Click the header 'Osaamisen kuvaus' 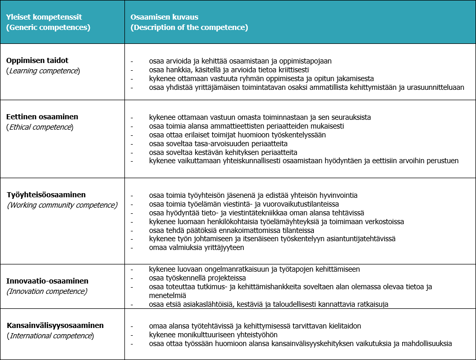click(165, 17)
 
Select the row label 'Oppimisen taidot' click(37, 60)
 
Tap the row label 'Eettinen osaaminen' click(42, 117)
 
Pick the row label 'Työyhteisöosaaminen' click(46, 195)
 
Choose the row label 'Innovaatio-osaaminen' click(47, 281)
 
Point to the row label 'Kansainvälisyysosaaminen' click(55, 325)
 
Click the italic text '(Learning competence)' click(43, 71)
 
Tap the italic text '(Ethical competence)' click(40, 127)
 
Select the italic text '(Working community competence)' click(62, 205)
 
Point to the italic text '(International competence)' click(50, 336)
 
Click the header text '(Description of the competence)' click(189, 27)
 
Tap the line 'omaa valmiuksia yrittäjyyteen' click(196, 247)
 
